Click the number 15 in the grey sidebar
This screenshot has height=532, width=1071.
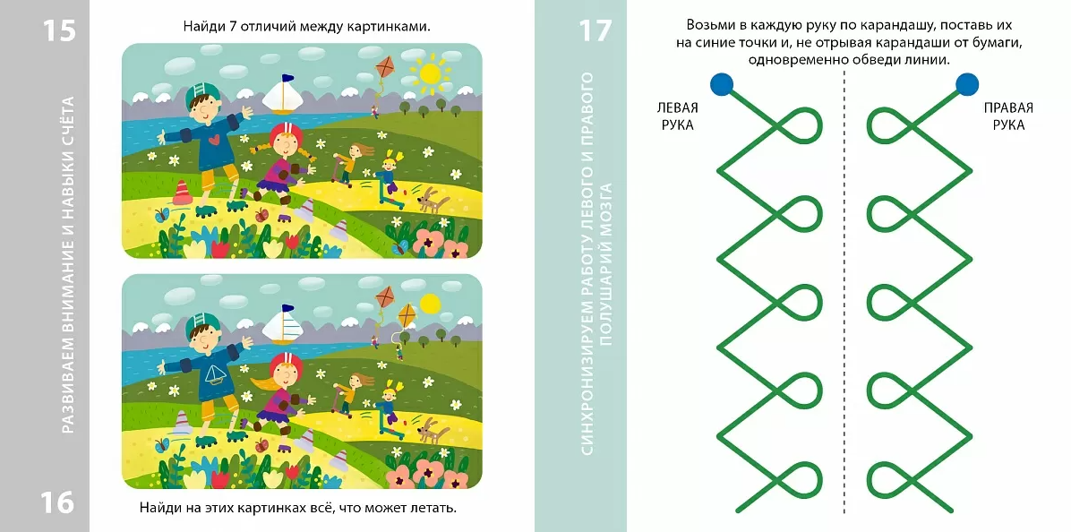[59, 30]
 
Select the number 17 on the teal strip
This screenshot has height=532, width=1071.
[595, 30]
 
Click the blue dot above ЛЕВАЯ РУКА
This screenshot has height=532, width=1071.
[721, 84]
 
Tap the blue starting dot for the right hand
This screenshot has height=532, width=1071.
[966, 84]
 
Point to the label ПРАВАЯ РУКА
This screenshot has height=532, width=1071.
[1008, 116]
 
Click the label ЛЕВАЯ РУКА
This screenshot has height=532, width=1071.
[678, 116]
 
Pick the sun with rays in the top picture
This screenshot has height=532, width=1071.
[430, 73]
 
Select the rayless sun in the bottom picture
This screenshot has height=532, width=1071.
[429, 303]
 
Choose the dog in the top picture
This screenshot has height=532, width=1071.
[433, 201]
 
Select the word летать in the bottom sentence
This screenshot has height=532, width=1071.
[432, 508]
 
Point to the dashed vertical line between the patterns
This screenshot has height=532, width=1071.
[844, 293]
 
